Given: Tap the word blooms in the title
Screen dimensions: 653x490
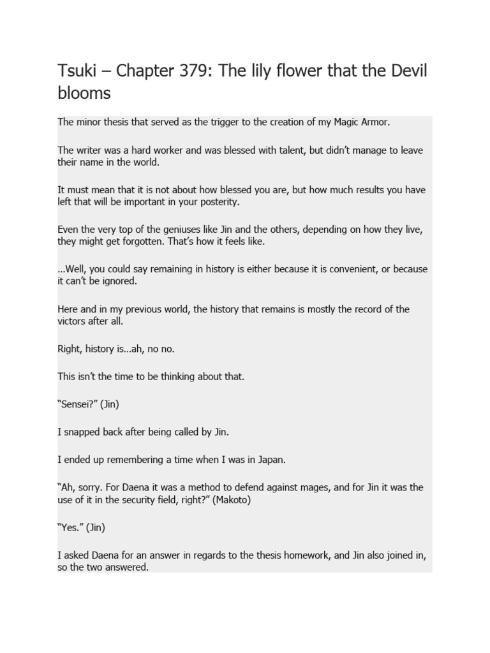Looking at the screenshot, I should point(84,93).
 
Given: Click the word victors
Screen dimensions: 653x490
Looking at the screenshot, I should point(73,321).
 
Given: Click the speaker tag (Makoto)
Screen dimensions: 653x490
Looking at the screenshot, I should point(230,500).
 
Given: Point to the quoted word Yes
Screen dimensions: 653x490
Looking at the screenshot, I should point(69,528).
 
